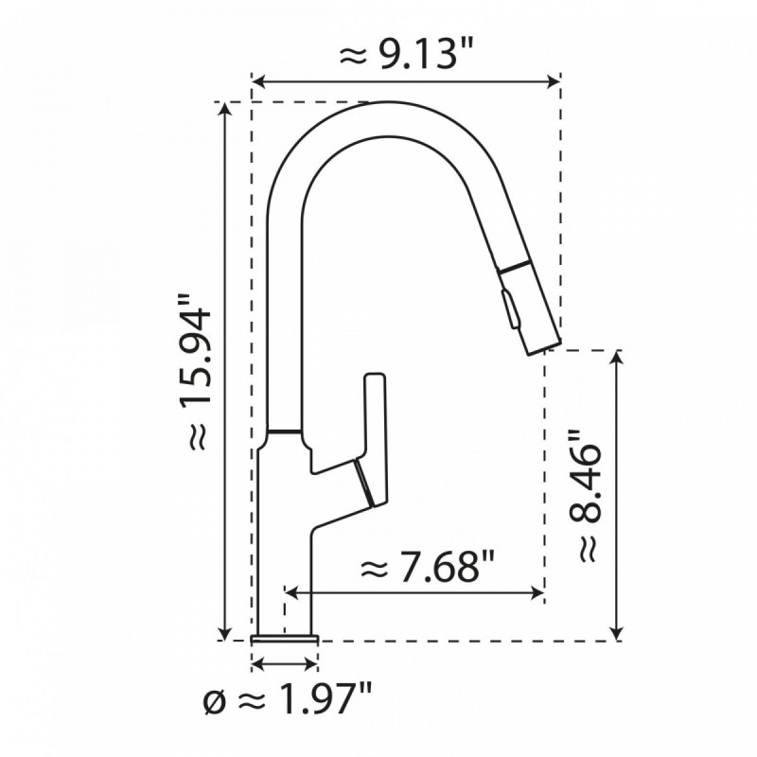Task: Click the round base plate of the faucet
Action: (285, 636)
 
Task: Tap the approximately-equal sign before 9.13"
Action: (351, 57)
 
